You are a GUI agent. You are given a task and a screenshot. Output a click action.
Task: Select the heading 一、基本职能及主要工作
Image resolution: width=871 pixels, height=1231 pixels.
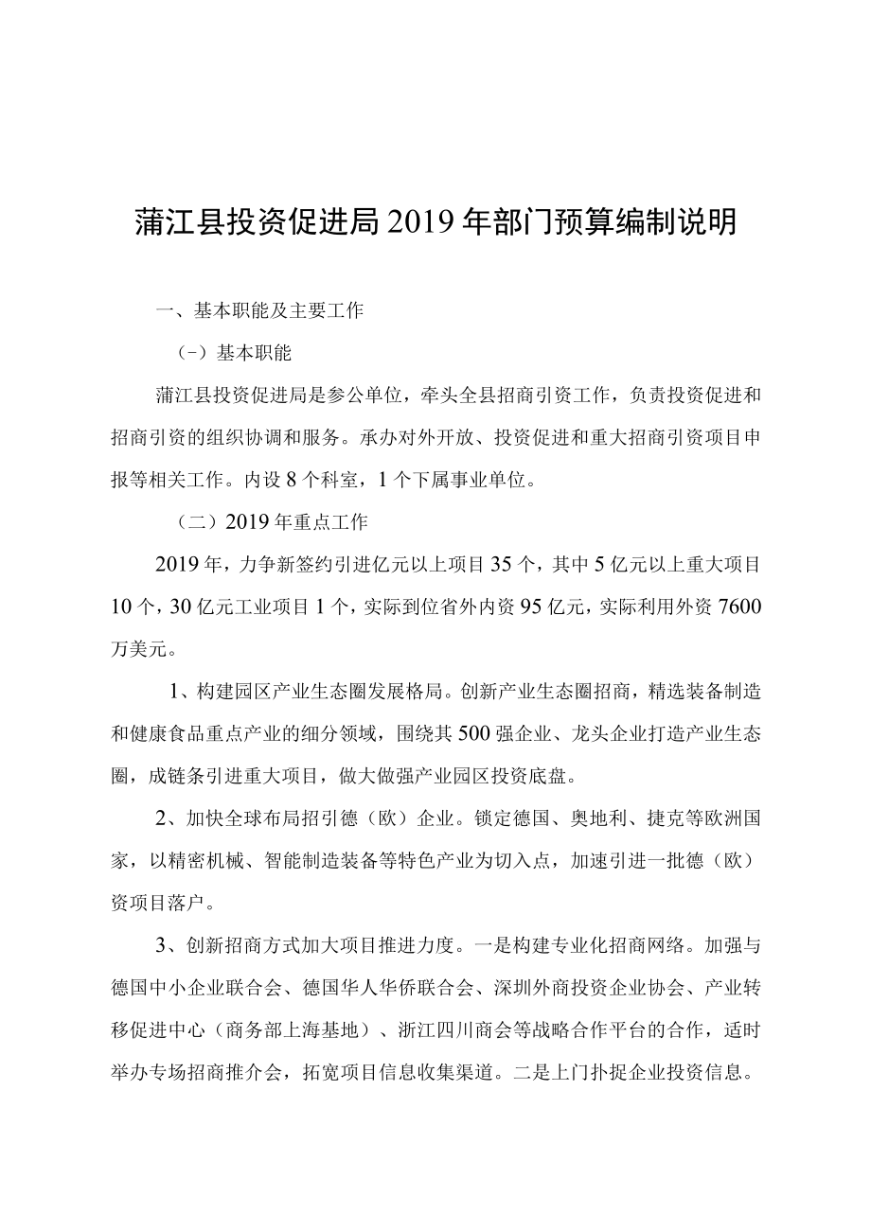[260, 311]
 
